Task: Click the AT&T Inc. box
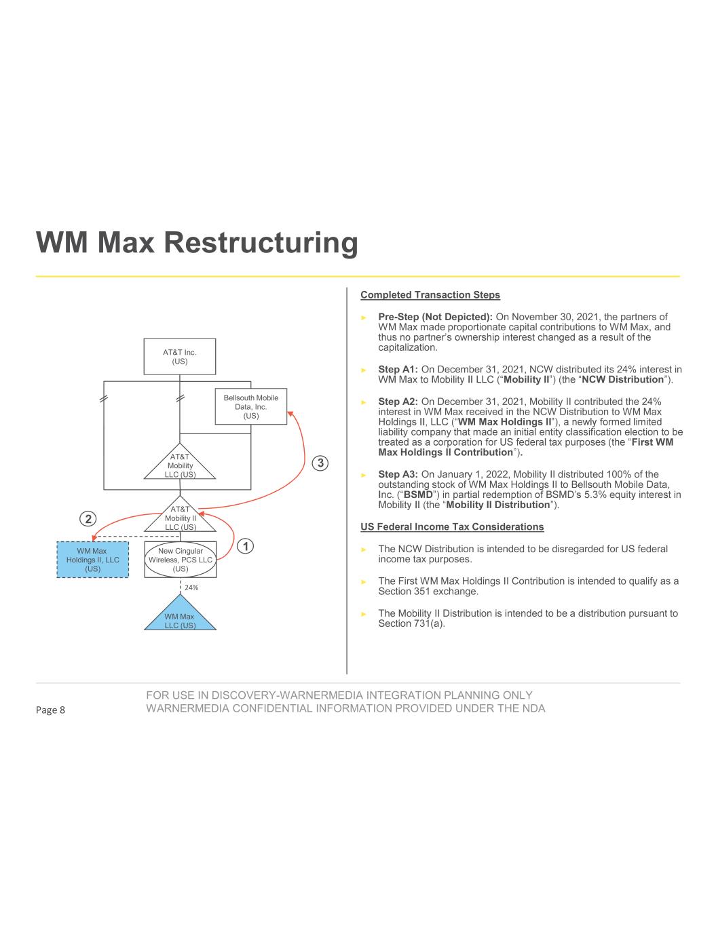coord(180,356)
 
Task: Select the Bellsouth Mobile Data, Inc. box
coord(251,406)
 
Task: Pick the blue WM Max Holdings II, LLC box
coord(92,560)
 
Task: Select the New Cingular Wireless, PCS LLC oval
coord(180,560)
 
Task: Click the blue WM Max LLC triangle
coord(180,618)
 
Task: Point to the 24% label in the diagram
coord(191,587)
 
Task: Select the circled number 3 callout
coord(320,463)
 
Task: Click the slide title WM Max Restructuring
coord(197,243)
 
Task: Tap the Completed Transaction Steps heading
coord(430,295)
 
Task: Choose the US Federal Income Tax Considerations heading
coord(452,527)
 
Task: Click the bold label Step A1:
coord(398,369)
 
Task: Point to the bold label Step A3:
coord(398,474)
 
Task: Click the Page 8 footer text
coord(51,710)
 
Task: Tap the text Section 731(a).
coord(411,623)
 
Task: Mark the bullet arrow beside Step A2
coord(364,402)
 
